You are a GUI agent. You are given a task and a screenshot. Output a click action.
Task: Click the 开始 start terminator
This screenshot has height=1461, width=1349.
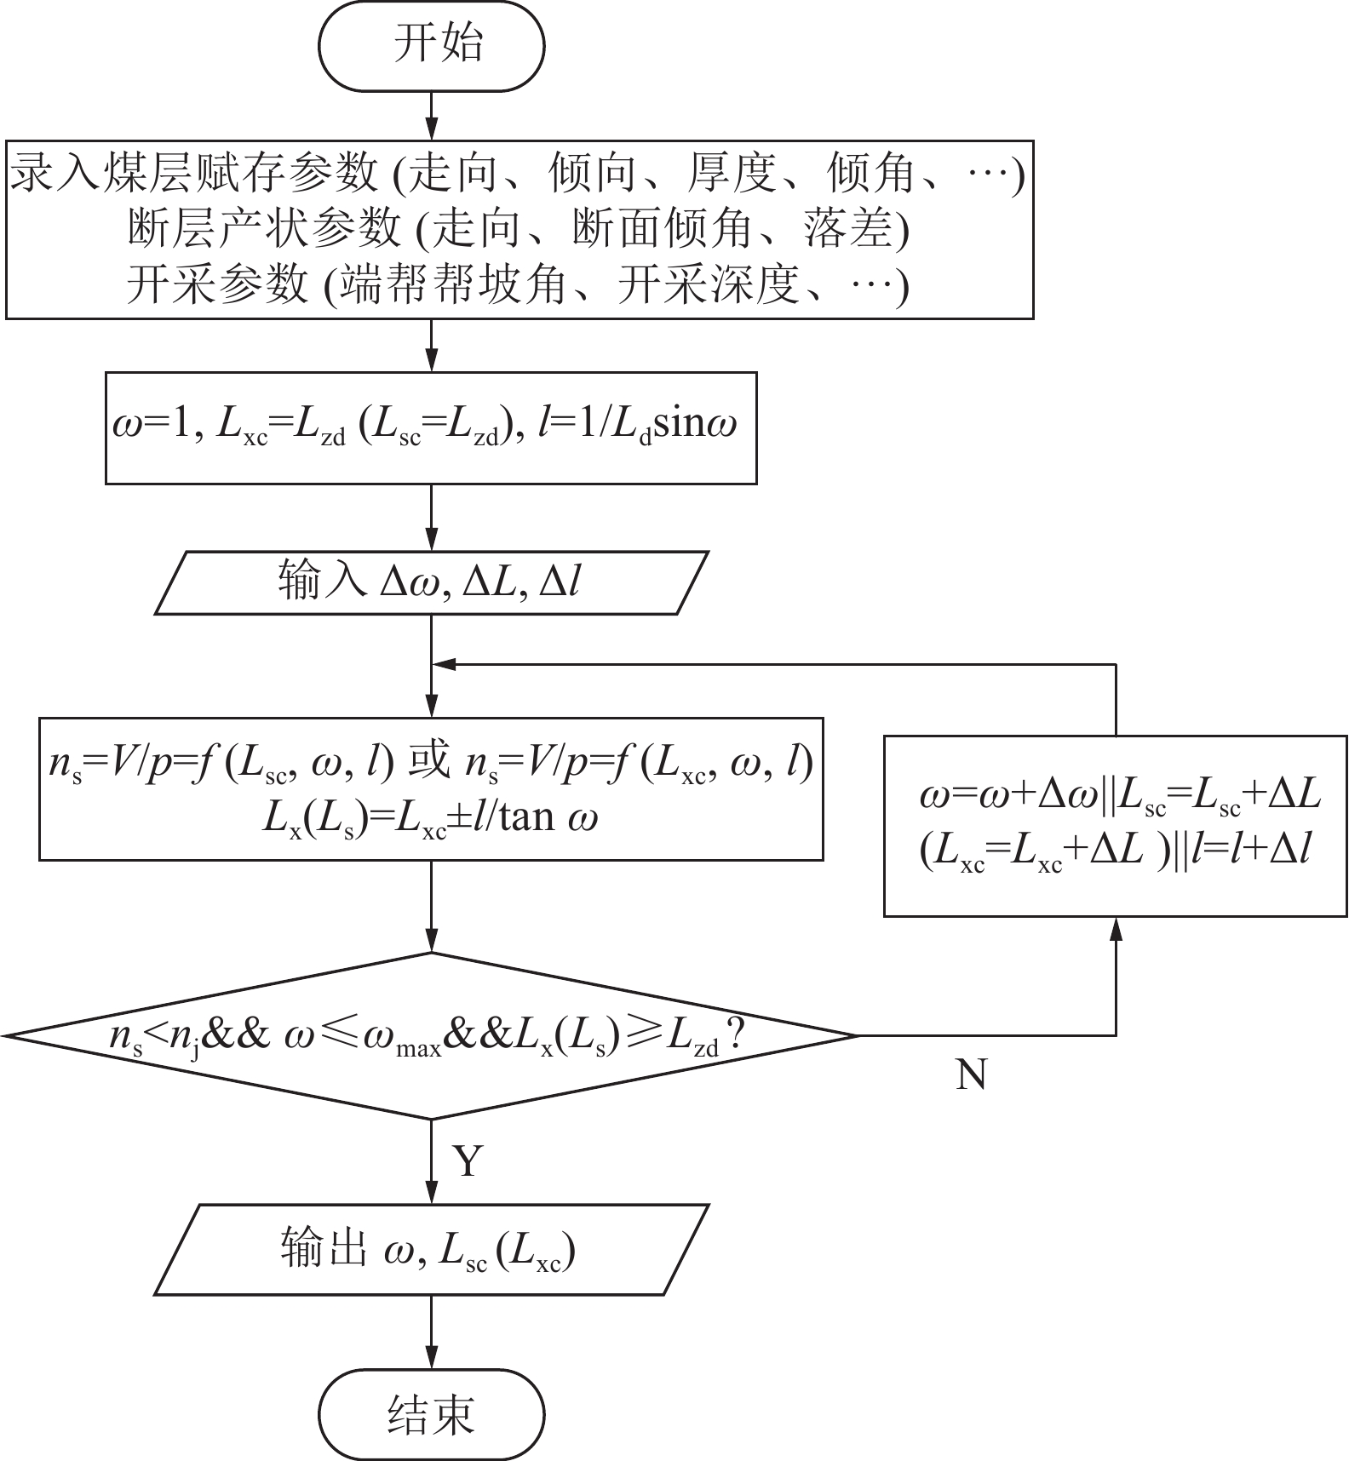tap(431, 46)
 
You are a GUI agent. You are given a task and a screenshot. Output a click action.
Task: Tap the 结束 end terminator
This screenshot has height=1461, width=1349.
tap(431, 1414)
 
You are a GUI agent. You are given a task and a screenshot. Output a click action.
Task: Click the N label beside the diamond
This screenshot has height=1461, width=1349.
tap(971, 1075)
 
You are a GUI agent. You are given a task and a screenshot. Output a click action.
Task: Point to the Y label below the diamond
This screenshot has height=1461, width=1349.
tap(468, 1160)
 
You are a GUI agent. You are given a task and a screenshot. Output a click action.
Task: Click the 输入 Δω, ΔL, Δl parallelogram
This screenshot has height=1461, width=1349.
tap(431, 583)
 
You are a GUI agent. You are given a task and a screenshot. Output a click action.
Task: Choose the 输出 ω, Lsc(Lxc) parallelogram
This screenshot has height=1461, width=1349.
tap(431, 1250)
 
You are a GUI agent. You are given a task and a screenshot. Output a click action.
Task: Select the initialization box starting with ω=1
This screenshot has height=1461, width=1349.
tap(431, 427)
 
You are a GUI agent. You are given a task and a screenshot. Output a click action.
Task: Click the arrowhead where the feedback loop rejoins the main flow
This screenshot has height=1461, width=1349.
tap(443, 664)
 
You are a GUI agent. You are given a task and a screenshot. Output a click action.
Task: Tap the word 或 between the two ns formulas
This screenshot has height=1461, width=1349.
tap(429, 761)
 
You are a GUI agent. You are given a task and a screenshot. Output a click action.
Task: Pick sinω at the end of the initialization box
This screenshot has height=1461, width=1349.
tap(695, 423)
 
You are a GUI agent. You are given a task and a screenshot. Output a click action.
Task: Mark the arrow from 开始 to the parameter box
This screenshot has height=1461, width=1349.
tap(431, 115)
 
